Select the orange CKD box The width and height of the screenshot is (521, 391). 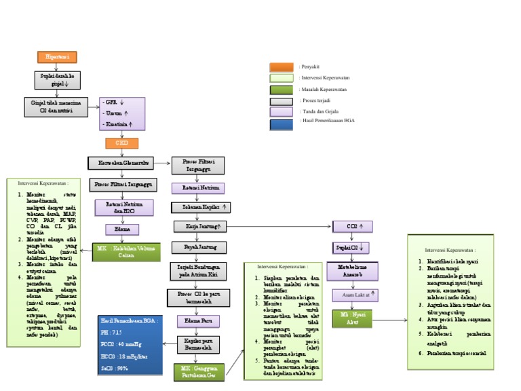(x=121, y=143)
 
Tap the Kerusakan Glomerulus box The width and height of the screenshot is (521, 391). (x=119, y=163)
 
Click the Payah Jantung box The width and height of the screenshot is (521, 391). (x=198, y=246)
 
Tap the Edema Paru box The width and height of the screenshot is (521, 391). (x=198, y=320)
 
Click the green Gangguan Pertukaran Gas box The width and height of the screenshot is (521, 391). (x=199, y=371)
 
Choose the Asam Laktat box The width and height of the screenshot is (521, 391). (x=355, y=295)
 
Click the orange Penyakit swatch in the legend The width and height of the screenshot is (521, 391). (x=281, y=67)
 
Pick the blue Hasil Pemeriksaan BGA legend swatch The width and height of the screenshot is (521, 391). (x=281, y=124)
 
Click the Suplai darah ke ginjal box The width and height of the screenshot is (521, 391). (x=57, y=81)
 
